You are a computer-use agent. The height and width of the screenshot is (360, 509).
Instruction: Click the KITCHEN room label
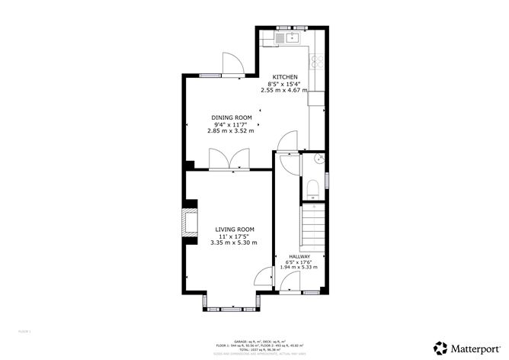coord(286,77)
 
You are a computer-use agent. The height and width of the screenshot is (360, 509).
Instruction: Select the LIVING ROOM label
coord(234,230)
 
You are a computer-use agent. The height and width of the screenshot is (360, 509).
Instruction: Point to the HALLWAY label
coord(299,256)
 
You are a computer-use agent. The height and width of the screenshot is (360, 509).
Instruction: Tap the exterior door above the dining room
coord(232,65)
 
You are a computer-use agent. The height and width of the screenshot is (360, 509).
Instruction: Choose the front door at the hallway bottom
coord(289,284)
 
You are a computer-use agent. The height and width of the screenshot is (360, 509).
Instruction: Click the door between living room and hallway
coord(264,276)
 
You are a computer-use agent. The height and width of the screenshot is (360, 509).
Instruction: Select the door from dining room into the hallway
coord(288,142)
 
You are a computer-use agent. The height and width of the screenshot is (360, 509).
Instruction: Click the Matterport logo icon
coord(440,347)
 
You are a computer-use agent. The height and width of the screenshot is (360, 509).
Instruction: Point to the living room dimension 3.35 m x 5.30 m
coord(234,243)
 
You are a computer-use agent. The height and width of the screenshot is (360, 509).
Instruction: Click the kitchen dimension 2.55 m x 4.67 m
coord(283,90)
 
